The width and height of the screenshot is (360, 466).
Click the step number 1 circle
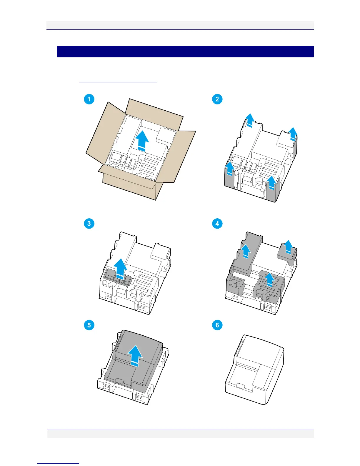click(x=89, y=99)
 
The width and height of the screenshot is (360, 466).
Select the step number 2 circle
click(x=217, y=99)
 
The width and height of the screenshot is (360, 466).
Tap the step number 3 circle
click(x=89, y=224)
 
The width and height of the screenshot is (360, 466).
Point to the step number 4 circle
click(x=217, y=224)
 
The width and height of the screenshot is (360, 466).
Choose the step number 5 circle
click(x=89, y=325)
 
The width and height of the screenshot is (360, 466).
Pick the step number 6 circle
click(x=217, y=325)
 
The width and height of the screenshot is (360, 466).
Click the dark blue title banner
click(x=185, y=51)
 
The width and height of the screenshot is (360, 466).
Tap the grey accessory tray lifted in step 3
click(x=116, y=277)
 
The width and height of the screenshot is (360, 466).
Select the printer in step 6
click(x=254, y=369)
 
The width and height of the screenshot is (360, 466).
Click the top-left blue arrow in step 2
click(x=249, y=120)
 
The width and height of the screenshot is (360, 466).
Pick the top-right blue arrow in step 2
click(x=292, y=134)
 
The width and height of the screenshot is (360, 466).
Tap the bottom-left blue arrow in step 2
click(x=230, y=169)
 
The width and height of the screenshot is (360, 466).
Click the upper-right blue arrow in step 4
click(x=289, y=247)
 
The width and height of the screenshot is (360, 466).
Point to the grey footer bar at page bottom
click(x=181, y=433)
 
